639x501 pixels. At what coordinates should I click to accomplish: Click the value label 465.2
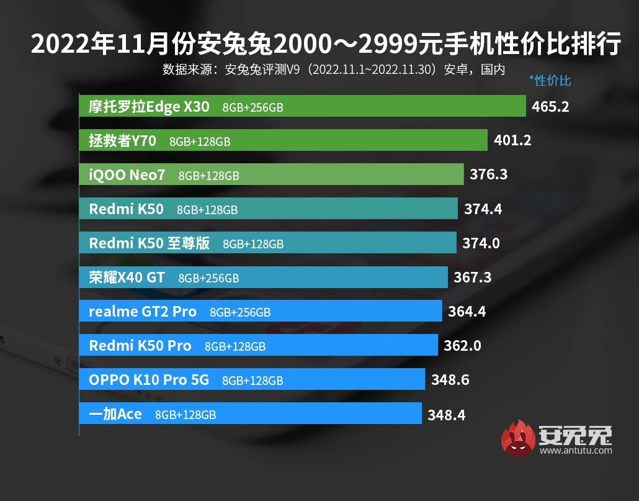pos(550,107)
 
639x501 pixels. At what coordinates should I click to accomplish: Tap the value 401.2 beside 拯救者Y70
pos(512,141)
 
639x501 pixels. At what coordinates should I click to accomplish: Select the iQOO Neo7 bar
pos(271,174)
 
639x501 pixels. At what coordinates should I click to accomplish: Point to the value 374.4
pos(483,209)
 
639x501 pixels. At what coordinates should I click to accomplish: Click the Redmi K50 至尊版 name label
pos(150,243)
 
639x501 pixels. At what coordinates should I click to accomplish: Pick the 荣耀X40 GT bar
pos(263,277)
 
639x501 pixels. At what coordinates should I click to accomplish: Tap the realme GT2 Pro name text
pos(143,312)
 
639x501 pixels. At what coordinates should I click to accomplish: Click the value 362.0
pos(462,345)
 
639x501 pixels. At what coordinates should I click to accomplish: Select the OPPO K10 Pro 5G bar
pos(252,379)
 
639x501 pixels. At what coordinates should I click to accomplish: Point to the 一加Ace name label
pos(115,413)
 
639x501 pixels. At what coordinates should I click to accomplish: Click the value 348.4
pos(446,414)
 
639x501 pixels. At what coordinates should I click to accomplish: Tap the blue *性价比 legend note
pos(550,81)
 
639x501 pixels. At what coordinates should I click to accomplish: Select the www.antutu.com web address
pos(576,451)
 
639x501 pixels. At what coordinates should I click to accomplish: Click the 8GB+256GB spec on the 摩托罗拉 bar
pos(253,107)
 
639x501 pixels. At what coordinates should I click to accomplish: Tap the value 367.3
pos(472,278)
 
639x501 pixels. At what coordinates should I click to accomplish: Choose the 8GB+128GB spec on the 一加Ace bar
pos(185,414)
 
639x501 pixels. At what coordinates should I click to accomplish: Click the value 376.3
pos(488,175)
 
